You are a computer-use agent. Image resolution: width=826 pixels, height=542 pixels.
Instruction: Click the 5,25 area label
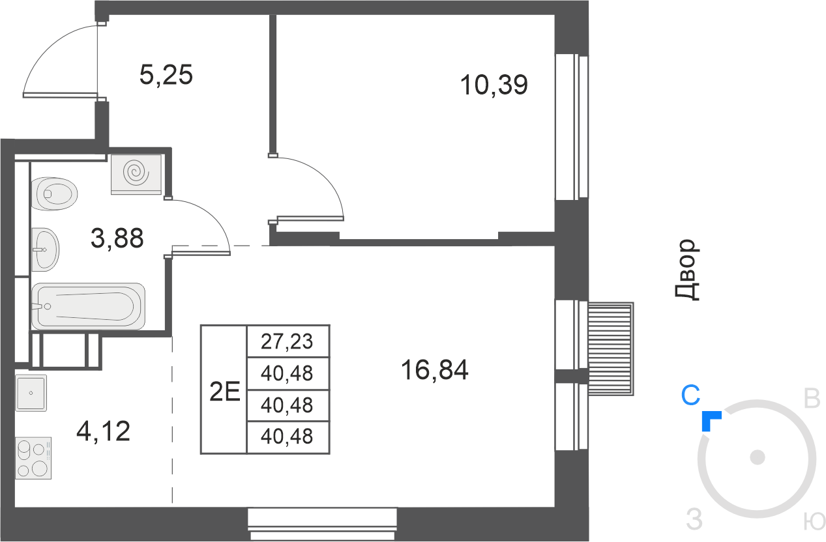[166, 75]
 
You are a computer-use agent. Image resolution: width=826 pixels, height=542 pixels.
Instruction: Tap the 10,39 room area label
[494, 85]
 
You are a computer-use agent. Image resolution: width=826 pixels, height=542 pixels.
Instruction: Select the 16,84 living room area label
[435, 370]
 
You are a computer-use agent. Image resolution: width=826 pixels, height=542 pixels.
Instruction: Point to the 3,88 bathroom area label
[117, 238]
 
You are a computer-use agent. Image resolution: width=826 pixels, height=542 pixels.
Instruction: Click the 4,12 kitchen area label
[103, 431]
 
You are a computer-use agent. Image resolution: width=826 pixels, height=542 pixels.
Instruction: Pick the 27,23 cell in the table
[287, 341]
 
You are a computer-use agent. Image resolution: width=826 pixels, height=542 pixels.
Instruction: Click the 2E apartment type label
[224, 391]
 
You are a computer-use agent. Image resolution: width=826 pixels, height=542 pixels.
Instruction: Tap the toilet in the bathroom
[55, 194]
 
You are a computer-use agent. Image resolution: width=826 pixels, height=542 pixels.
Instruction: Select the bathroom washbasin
[46, 250]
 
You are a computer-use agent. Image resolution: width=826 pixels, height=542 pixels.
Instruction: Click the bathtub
[89, 306]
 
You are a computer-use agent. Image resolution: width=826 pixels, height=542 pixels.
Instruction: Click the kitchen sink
[31, 393]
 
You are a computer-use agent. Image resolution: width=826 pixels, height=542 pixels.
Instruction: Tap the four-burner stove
[33, 458]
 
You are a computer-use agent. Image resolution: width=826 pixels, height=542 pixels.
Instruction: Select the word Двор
[687, 270]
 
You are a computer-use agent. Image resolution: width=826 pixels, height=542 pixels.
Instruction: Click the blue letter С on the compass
[690, 395]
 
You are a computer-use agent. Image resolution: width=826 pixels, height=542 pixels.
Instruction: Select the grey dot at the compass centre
[758, 457]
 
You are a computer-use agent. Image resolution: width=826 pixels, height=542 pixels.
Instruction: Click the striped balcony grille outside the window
[611, 349]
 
